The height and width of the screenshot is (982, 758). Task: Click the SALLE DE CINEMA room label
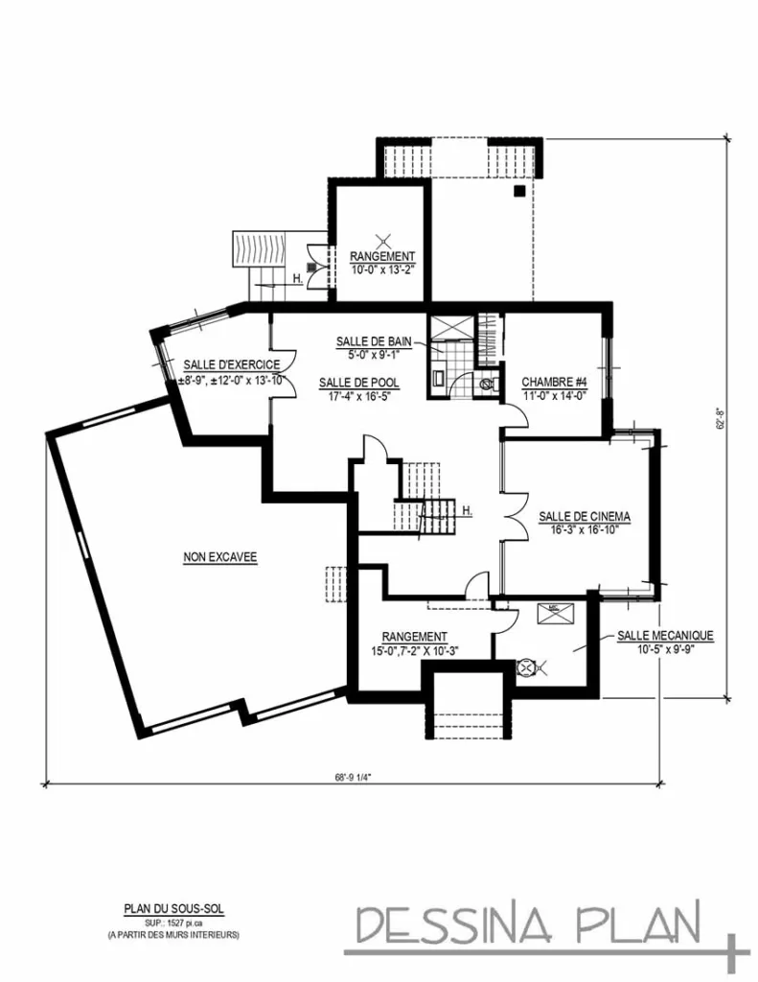tap(584, 517)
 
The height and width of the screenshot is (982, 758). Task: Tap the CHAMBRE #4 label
tap(554, 382)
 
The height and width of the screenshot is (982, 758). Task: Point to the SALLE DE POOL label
tap(358, 383)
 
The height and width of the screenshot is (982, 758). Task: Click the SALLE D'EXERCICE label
tap(232, 364)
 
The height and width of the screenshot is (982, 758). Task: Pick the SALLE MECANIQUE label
tap(665, 636)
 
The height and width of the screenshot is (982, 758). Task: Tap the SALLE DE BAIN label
tap(374, 341)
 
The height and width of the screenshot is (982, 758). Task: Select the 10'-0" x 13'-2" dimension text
tap(382, 269)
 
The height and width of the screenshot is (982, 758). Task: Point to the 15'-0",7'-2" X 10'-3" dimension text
tap(415, 650)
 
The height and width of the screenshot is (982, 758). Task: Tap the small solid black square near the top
tap(518, 191)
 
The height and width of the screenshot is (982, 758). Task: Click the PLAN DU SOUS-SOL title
tap(173, 909)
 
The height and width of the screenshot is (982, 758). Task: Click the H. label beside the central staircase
tap(467, 511)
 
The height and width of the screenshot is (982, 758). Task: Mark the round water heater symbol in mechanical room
tap(525, 668)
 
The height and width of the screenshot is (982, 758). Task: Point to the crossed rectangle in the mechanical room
tap(556, 614)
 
